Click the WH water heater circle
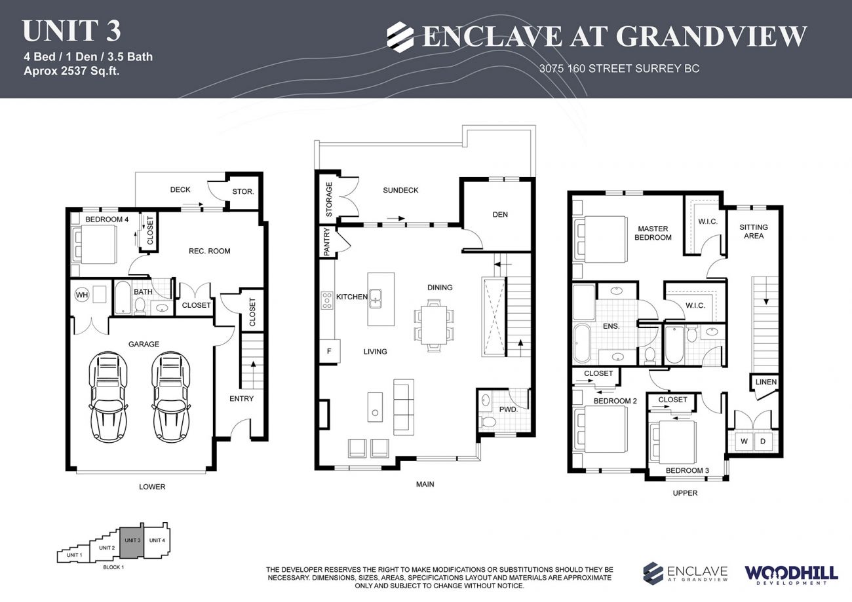(82, 295)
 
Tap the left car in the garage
(108, 397)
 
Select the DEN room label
(500, 214)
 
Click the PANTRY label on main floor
(326, 241)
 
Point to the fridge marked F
(328, 351)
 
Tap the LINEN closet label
(765, 382)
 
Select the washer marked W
(744, 442)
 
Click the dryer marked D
(762, 442)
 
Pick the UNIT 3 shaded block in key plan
(131, 543)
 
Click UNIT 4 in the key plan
(157, 540)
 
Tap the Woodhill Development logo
(790, 574)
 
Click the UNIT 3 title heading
(71, 31)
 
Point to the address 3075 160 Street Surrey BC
(619, 68)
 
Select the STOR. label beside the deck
(242, 192)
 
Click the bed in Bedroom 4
(95, 244)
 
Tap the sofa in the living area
(403, 406)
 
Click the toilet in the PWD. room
(487, 423)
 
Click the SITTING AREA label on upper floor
(753, 231)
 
